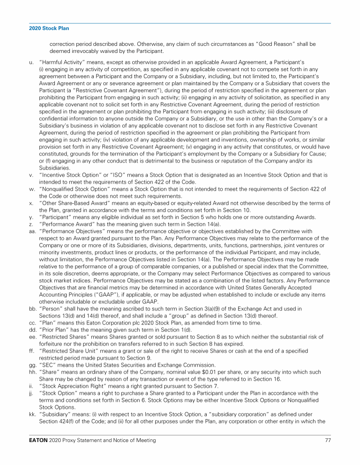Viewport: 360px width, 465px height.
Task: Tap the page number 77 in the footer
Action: coord(328,440)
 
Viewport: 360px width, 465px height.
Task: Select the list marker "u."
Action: coord(31,62)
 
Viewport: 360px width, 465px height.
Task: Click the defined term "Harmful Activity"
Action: coord(60,62)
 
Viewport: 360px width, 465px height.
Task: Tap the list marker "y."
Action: coord(31,217)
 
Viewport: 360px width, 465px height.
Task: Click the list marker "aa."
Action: coord(32,231)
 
